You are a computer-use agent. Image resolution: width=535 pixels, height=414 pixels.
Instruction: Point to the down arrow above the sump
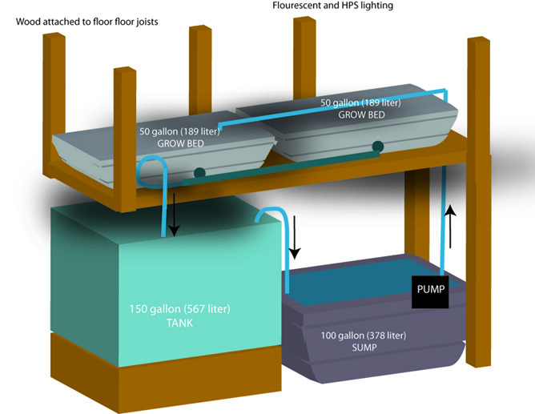(294, 237)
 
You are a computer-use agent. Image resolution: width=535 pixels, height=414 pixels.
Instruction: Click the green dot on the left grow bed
(199, 172)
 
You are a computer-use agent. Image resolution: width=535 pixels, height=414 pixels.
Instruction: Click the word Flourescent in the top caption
(298, 6)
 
